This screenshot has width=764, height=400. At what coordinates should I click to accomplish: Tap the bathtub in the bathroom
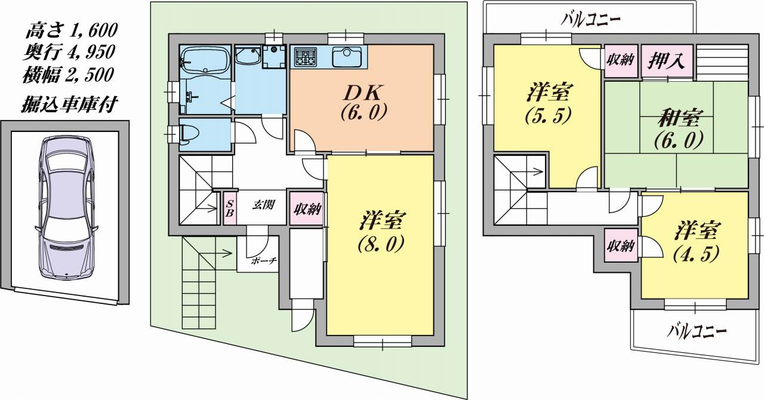coord(205,60)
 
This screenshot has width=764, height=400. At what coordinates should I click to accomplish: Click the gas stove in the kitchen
coord(305,57)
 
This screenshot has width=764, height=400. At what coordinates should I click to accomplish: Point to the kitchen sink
coord(346,57)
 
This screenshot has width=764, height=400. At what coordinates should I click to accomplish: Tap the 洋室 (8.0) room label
coord(381,230)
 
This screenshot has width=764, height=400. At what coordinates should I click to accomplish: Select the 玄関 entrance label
coord(262,205)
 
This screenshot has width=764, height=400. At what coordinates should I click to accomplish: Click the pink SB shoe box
coord(230,208)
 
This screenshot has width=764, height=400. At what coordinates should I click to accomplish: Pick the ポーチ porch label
coord(263,261)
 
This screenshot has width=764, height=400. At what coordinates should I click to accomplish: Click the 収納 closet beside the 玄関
coord(307,208)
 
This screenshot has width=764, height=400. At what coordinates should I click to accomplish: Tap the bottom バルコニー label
coord(696,329)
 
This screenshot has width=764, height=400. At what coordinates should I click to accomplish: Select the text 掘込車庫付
coord(70,105)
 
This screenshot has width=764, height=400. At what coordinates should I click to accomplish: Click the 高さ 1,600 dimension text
coord(70,29)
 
